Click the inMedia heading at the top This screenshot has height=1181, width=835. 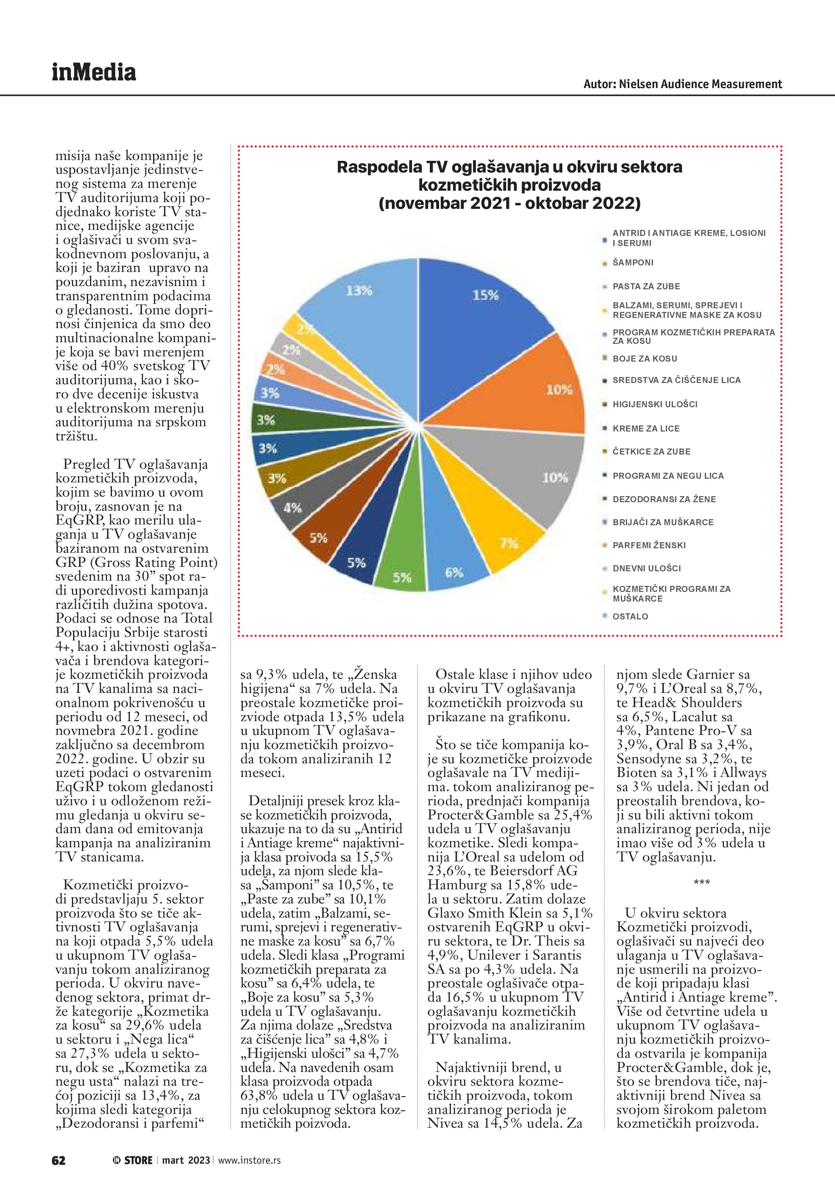tap(94, 73)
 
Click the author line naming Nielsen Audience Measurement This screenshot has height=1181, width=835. tap(682, 84)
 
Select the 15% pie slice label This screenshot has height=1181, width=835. tap(486, 295)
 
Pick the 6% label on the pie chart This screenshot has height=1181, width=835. tap(454, 572)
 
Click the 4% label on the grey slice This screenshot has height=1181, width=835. tap(292, 508)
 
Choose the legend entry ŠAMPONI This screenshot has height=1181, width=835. tap(633, 262)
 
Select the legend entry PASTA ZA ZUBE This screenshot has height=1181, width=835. tap(646, 286)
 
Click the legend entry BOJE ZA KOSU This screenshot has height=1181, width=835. tap(645, 358)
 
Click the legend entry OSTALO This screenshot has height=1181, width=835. tap(630, 616)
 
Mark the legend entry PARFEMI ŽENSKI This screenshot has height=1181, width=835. tap(649, 545)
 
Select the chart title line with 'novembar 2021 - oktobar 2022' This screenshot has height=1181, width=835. tap(509, 203)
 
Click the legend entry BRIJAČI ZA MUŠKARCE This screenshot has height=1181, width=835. tap(663, 522)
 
